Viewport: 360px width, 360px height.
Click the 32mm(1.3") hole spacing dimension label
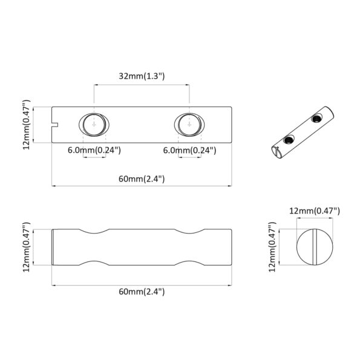click(141, 76)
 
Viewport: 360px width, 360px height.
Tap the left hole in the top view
click(93, 125)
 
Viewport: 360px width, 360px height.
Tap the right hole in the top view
click(189, 125)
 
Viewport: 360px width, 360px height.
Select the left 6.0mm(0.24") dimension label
click(94, 149)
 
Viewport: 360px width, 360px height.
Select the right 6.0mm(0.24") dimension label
click(189, 149)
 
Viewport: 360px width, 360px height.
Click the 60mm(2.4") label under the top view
click(141, 178)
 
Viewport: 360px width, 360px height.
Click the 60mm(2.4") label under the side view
click(141, 291)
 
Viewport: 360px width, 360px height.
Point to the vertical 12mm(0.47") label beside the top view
click(26, 125)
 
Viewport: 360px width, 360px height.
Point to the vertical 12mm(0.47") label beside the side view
click(26, 247)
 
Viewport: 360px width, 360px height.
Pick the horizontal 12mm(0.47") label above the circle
click(314, 211)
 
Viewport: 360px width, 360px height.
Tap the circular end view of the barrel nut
click(314, 247)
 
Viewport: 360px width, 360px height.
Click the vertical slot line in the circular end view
click(315, 247)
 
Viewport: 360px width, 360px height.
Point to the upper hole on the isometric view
click(315, 119)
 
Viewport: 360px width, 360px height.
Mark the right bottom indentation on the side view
click(189, 263)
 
